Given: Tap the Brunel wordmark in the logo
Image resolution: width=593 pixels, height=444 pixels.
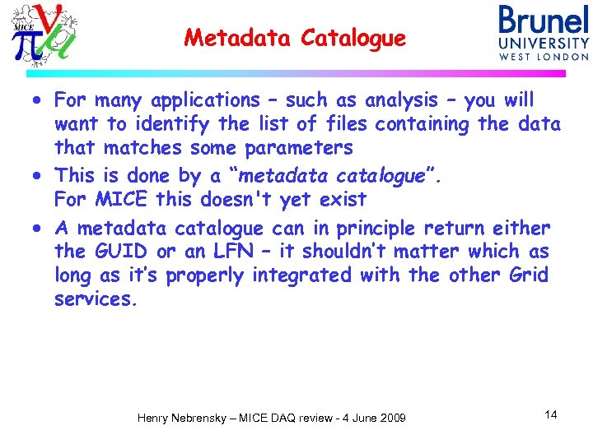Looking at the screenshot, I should click(544, 21).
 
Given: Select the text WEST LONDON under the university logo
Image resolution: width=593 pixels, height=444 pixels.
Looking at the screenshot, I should click(544, 57).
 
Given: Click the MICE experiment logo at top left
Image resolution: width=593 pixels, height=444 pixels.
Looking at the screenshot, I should click(45, 35).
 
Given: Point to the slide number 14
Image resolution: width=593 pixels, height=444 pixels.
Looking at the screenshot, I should click(551, 414).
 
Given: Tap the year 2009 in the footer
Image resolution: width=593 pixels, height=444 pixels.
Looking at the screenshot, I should click(390, 419).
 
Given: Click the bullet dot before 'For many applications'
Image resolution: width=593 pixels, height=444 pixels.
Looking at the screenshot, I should click(40, 102).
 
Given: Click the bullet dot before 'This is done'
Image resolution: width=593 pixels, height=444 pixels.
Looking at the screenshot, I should click(40, 177).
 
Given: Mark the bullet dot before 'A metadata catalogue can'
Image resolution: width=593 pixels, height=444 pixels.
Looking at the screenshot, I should click(40, 229).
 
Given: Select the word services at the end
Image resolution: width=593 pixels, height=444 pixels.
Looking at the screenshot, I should click(92, 300).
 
